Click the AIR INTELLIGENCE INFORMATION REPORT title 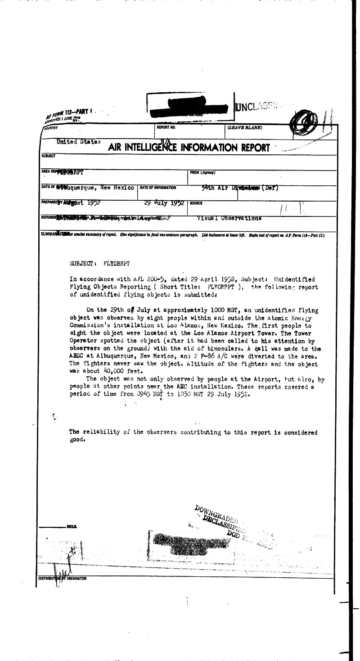[189, 147]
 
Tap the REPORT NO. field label [166, 128]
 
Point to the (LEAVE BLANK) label [245, 128]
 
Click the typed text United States [78, 142]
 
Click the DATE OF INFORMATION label [158, 188]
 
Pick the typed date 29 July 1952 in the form [164, 203]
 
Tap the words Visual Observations [229, 218]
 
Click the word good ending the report [77, 440]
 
